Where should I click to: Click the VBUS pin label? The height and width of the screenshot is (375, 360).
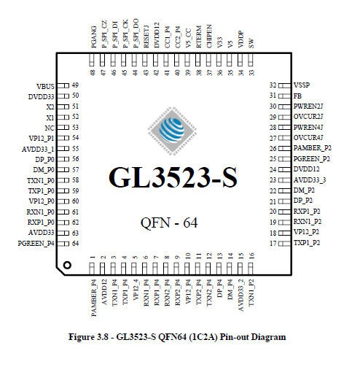(45, 87)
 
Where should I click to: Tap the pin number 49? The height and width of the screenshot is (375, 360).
(75, 85)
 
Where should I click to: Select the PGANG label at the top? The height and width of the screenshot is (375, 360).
(94, 37)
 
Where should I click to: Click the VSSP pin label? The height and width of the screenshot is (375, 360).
(302, 85)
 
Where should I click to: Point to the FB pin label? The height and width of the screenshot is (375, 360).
(297, 96)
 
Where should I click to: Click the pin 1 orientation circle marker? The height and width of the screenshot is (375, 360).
(67, 265)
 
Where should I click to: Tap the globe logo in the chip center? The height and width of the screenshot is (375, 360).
(172, 131)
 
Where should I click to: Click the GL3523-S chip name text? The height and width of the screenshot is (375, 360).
(173, 177)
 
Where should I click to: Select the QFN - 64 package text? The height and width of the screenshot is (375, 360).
(169, 223)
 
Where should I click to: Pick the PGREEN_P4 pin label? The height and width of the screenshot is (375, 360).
(36, 244)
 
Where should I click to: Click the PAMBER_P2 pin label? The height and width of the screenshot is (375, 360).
(312, 148)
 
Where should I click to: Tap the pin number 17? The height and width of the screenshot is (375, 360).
(273, 243)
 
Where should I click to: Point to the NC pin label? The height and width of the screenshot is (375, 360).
(50, 128)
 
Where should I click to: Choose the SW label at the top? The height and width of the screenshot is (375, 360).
(251, 44)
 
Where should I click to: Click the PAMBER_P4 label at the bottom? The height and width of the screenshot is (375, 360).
(94, 298)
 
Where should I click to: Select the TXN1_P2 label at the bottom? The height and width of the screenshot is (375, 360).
(251, 293)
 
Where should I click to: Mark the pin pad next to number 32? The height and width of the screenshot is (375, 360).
(284, 85)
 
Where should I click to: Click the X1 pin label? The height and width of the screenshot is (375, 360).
(50, 117)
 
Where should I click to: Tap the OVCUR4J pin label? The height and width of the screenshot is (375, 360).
(308, 138)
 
